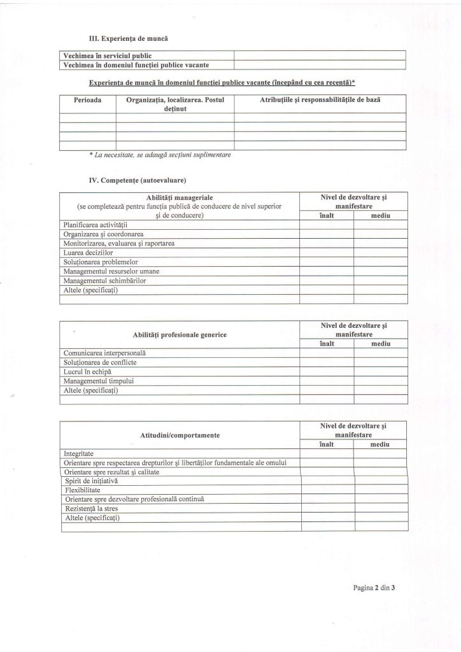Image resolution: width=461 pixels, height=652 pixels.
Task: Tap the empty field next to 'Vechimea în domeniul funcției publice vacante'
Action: (320, 64)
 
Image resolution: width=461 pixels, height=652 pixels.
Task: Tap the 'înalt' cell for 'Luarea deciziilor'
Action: (326, 252)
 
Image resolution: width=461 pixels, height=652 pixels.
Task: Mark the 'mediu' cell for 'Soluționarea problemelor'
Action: (379, 262)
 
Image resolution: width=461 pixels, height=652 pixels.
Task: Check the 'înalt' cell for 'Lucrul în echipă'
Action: (326, 371)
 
